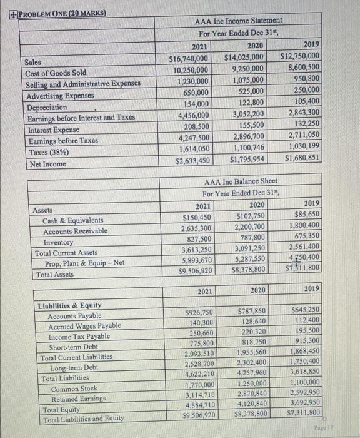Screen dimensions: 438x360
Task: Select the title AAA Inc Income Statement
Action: point(240,21)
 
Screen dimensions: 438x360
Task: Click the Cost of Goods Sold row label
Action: point(56,73)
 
